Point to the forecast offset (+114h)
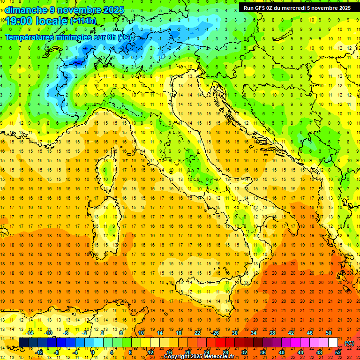tap(83, 21)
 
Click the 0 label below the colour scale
tap(93, 352)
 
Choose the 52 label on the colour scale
tap(338, 352)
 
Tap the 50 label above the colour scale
tap(329, 333)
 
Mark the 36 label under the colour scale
tap(262, 352)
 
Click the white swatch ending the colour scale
tap(333, 343)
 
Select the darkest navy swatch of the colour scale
tap(23, 343)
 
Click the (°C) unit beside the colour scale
tap(349, 343)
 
